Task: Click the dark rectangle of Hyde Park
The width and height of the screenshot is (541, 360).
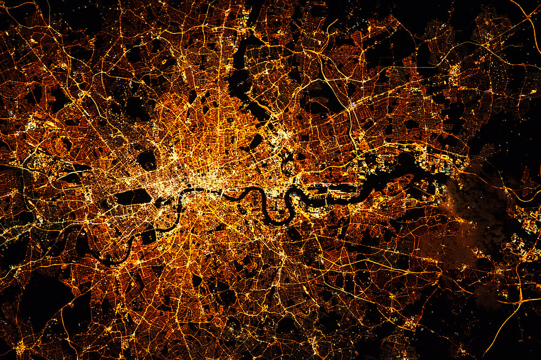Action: click(x=131, y=197)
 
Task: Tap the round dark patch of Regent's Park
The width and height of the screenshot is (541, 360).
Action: click(x=147, y=160)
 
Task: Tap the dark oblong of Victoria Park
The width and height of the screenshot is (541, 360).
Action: click(x=255, y=142)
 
